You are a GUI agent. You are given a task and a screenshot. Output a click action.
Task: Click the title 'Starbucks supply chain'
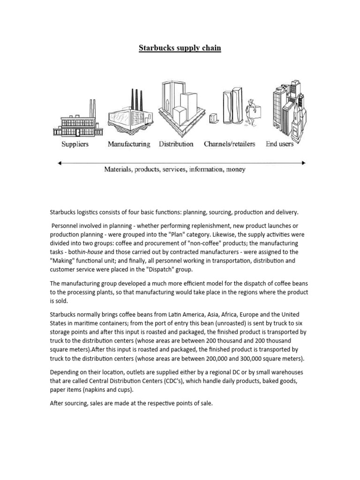(180, 48)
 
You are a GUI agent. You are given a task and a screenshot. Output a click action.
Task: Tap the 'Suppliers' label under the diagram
(75, 144)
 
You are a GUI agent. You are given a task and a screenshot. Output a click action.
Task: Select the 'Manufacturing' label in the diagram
(129, 144)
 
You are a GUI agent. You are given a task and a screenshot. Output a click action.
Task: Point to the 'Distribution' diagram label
(176, 144)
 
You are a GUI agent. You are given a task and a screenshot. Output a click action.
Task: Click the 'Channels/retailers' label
(230, 144)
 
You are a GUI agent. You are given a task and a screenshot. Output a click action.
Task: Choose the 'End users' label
(279, 144)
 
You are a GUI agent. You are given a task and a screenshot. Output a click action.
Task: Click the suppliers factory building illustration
(75, 120)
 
